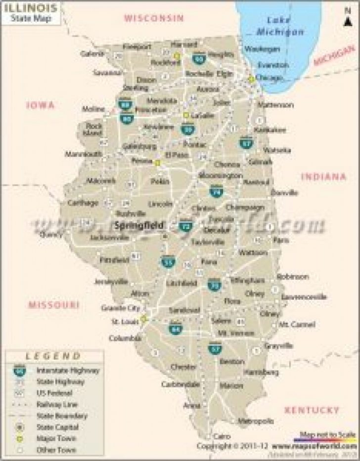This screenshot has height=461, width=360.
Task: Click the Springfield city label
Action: pyautogui.click(x=140, y=225)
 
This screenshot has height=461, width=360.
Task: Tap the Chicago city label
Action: pyautogui.click(x=269, y=78)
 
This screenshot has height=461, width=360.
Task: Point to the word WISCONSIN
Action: pyautogui.click(x=154, y=18)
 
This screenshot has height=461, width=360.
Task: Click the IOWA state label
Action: pyautogui.click(x=41, y=105)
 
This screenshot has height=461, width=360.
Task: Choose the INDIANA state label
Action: pyautogui.click(x=323, y=176)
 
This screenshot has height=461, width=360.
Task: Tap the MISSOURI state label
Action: pyautogui.click(x=53, y=304)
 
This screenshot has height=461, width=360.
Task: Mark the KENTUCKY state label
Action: pyautogui.click(x=312, y=410)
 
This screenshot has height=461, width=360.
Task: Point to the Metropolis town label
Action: pyautogui.click(x=256, y=420)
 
